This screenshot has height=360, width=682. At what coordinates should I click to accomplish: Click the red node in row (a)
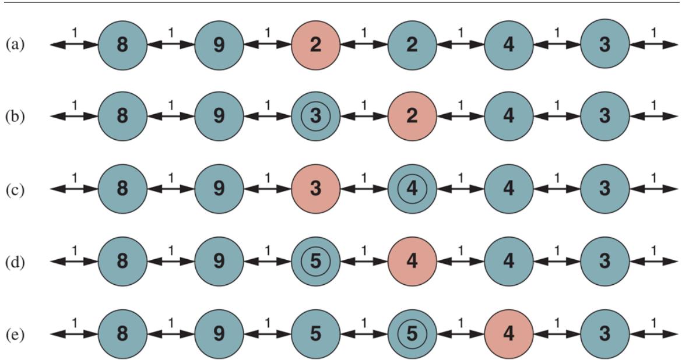pyautogui.click(x=315, y=44)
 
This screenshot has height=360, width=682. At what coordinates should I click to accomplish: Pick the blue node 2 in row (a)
pyautogui.click(x=412, y=44)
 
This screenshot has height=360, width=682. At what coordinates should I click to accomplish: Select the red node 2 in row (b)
pyautogui.click(x=412, y=117)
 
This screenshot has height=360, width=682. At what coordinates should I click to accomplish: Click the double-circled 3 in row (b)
pyautogui.click(x=315, y=117)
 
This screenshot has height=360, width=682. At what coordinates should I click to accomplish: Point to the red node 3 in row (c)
pyautogui.click(x=315, y=189)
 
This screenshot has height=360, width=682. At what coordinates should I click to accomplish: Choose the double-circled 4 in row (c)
pyautogui.click(x=412, y=189)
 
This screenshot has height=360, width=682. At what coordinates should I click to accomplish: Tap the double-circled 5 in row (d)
pyautogui.click(x=315, y=262)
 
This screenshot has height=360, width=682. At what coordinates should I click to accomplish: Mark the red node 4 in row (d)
pyautogui.click(x=412, y=262)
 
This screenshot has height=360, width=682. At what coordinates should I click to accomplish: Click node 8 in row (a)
pyautogui.click(x=122, y=44)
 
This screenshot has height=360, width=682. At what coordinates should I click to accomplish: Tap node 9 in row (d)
pyautogui.click(x=219, y=262)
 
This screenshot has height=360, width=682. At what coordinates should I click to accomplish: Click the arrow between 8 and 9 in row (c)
pyautogui.click(x=170, y=189)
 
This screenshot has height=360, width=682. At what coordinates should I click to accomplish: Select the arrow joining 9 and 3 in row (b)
pyautogui.click(x=267, y=117)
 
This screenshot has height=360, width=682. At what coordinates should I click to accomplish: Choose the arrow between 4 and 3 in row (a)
pyautogui.click(x=557, y=44)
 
